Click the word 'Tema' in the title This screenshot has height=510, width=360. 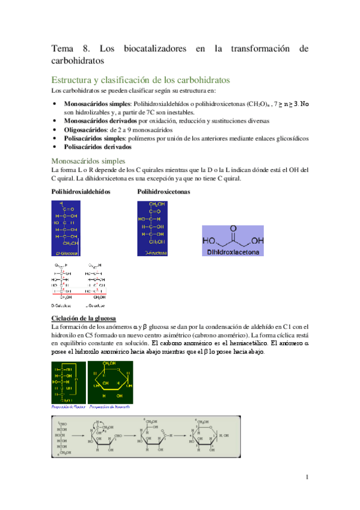pyautogui.click(x=61, y=49)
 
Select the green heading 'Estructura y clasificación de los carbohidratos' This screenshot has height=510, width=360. pyautogui.click(x=139, y=80)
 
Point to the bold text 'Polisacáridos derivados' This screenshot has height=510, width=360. pyautogui.click(x=97, y=146)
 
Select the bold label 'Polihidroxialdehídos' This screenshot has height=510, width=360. pyautogui.click(x=81, y=191)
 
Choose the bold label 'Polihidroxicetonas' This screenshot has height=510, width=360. pyautogui.click(x=163, y=191)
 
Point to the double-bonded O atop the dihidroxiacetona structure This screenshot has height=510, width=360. pyautogui.click(x=231, y=230)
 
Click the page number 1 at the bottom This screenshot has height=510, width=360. pyautogui.click(x=307, y=478)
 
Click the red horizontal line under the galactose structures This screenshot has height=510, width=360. pyautogui.click(x=80, y=294)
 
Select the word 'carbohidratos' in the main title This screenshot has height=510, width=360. pyautogui.click(x=78, y=61)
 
